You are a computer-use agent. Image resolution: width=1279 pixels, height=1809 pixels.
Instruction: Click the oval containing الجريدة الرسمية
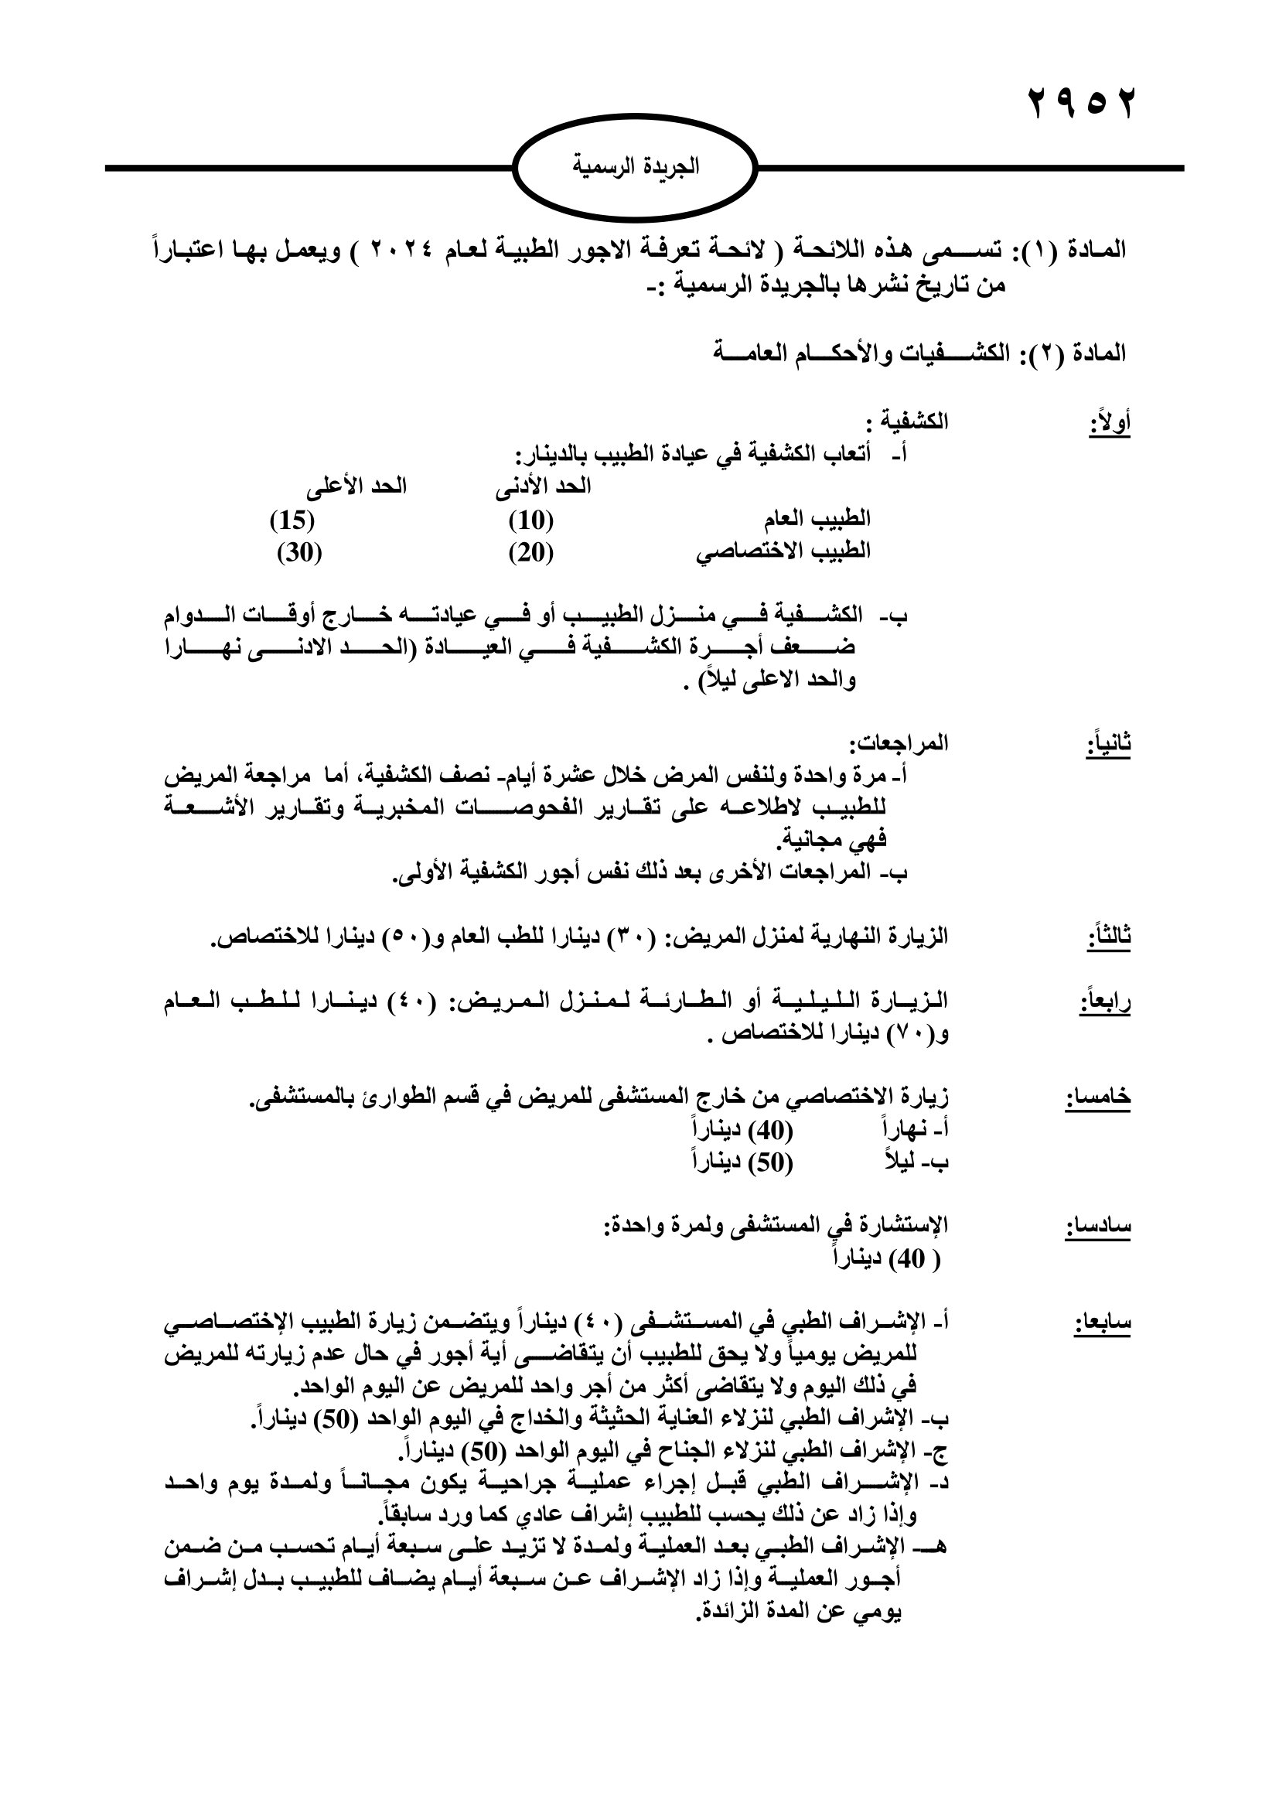(635, 167)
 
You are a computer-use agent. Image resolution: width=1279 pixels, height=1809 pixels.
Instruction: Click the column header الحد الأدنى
(543, 487)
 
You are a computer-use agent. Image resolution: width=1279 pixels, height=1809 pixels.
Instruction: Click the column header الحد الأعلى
(356, 487)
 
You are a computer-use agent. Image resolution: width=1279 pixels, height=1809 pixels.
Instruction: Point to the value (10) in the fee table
(530, 520)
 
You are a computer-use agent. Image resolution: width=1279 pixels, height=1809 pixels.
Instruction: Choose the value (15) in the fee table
(292, 520)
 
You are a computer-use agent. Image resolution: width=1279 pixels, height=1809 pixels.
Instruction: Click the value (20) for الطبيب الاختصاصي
(530, 553)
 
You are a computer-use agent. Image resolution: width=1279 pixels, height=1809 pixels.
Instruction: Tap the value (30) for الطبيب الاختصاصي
(299, 553)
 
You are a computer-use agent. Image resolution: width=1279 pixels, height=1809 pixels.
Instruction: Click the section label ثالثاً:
(1109, 937)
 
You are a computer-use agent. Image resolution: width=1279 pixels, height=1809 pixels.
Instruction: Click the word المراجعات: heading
(899, 742)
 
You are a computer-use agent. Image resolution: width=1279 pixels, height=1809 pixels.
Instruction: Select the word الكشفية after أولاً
(913, 422)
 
